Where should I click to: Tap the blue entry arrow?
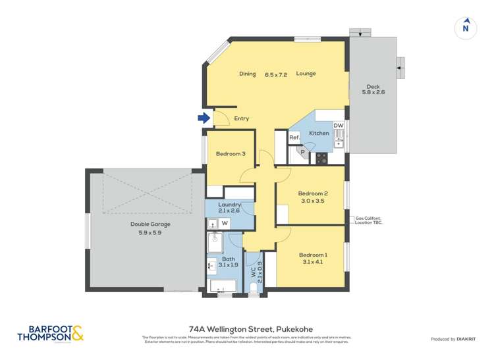coord(204,118)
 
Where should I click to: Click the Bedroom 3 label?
coord(231,154)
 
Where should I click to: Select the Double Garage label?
coord(150,224)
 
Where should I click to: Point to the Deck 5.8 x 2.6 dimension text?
coord(373,93)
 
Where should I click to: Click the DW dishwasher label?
coord(339,126)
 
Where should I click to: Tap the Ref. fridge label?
coord(294,138)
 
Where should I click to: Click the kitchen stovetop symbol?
coord(322,158)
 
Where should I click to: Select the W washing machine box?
coord(225,223)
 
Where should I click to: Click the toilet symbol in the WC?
coord(254,288)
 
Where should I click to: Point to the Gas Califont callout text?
coord(368,220)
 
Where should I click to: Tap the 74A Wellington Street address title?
coord(246,327)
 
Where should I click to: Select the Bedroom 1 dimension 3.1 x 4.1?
coord(312,262)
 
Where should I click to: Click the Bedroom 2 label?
coord(312,193)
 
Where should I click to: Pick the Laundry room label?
coord(229,205)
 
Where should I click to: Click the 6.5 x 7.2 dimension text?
coord(276,74)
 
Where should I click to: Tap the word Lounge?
coord(306,74)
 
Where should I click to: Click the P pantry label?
coord(302,151)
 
